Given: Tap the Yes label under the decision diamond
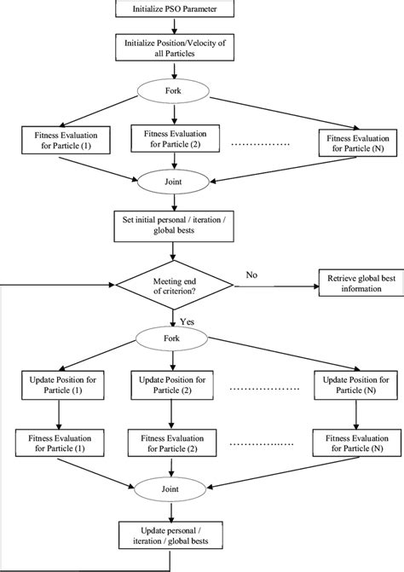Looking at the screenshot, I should (x=188, y=321).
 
